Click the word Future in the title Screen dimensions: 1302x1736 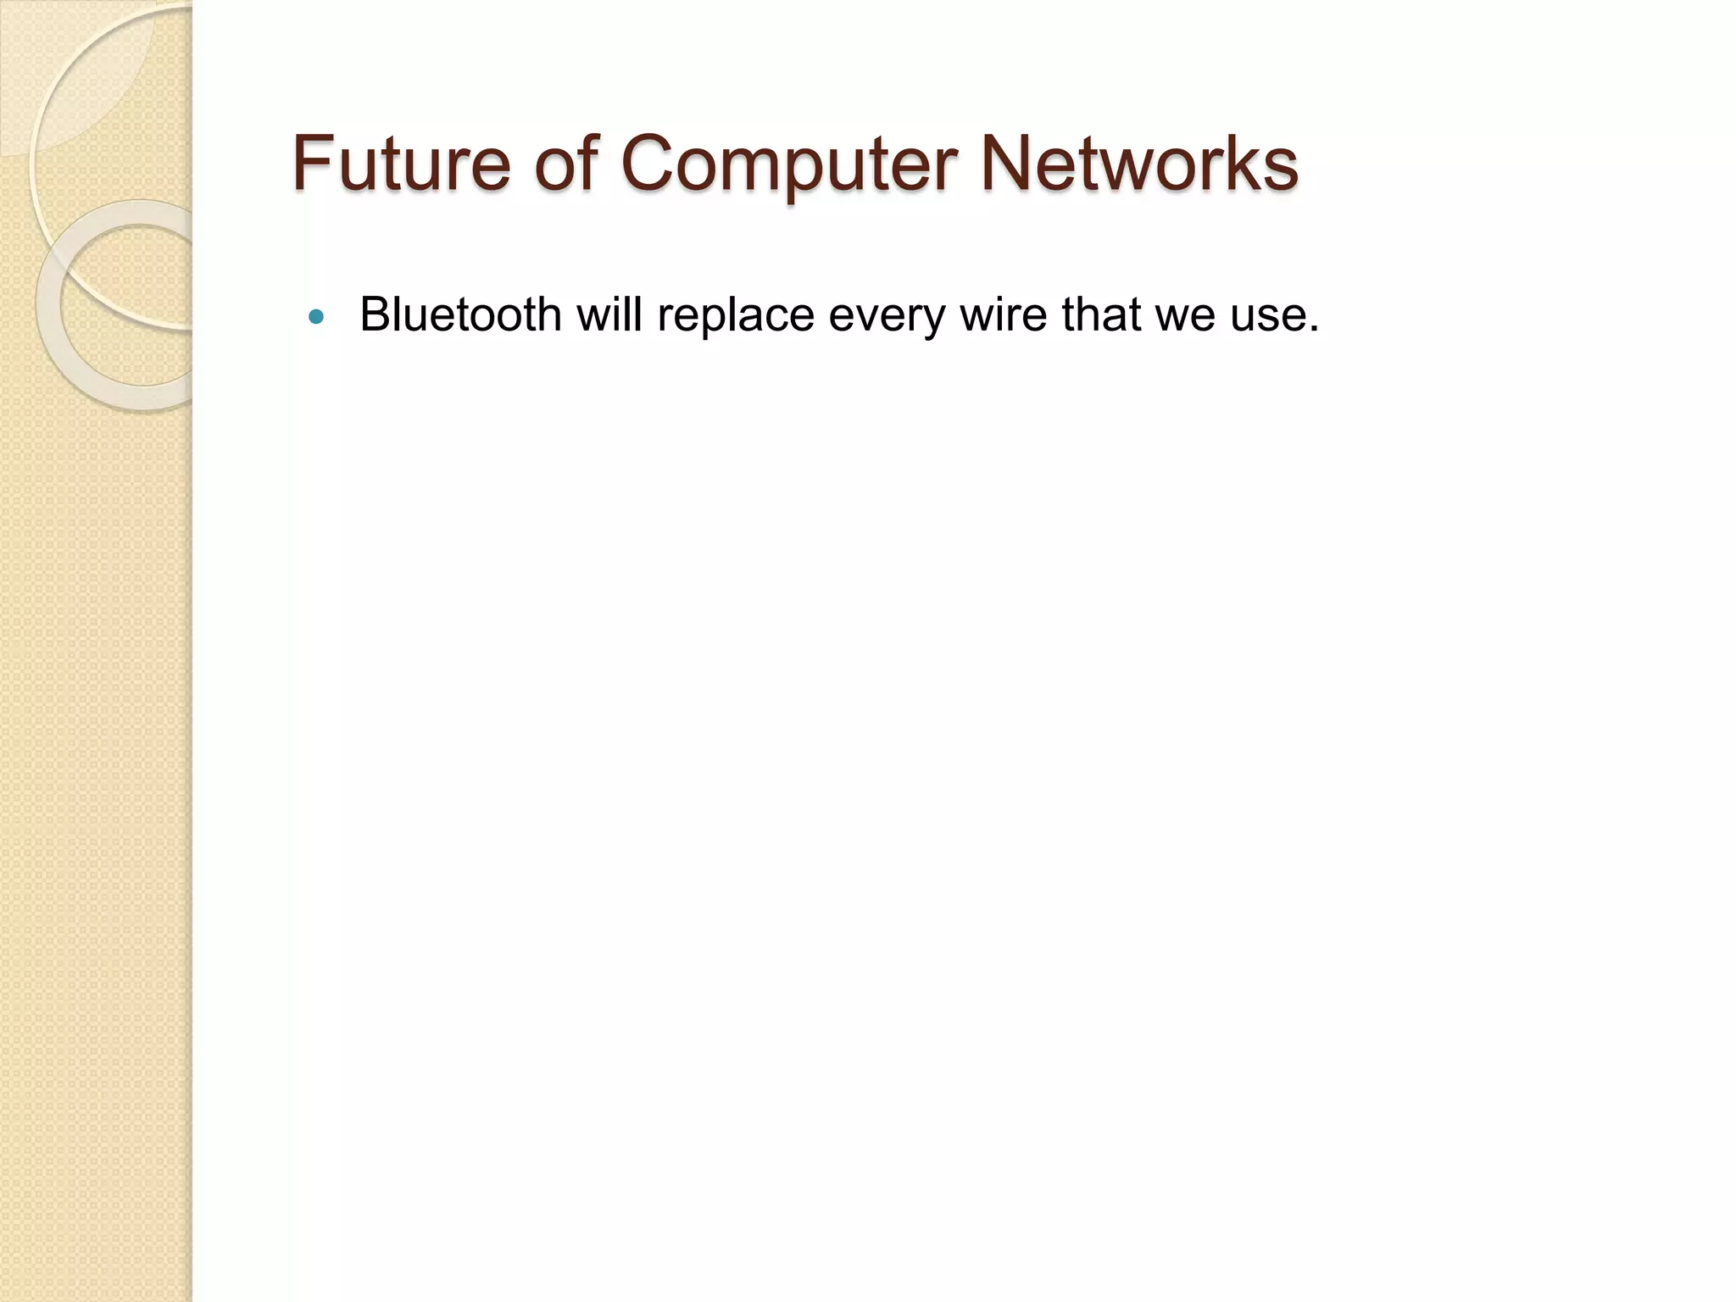pyautogui.click(x=401, y=163)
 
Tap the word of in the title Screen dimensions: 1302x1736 pyautogui.click(x=567, y=163)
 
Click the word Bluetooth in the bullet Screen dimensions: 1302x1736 pyautogui.click(x=460, y=314)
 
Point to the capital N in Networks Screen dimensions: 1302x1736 pyautogui.click(x=1008, y=163)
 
